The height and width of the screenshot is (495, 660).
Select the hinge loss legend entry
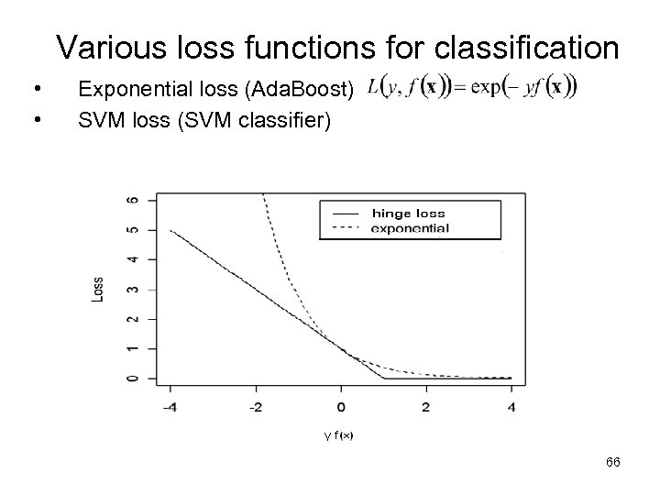[410, 214]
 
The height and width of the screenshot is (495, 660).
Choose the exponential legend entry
[410, 228]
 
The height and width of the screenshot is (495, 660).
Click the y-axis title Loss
[98, 289]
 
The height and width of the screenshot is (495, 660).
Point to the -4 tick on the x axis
[170, 406]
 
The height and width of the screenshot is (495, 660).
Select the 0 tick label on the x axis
[341, 406]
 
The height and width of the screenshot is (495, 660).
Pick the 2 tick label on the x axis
[425, 406]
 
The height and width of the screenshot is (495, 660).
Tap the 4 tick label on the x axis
[511, 406]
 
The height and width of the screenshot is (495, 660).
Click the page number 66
[613, 464]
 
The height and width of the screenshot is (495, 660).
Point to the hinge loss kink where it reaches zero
[383, 378]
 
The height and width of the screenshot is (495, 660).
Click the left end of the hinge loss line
[171, 230]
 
